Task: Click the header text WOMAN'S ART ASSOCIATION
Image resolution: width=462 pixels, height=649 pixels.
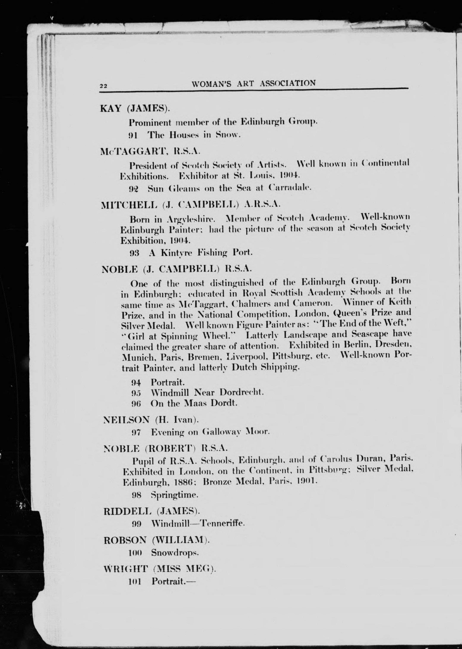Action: [253, 83]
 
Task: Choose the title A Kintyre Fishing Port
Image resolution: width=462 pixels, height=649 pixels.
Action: [200, 252]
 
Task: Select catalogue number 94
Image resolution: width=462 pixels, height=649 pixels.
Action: [136, 383]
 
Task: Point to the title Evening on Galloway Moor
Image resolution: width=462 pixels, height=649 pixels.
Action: [210, 432]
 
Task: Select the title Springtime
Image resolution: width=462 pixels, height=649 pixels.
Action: [174, 495]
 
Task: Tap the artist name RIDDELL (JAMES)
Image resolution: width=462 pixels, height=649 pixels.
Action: [152, 511]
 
